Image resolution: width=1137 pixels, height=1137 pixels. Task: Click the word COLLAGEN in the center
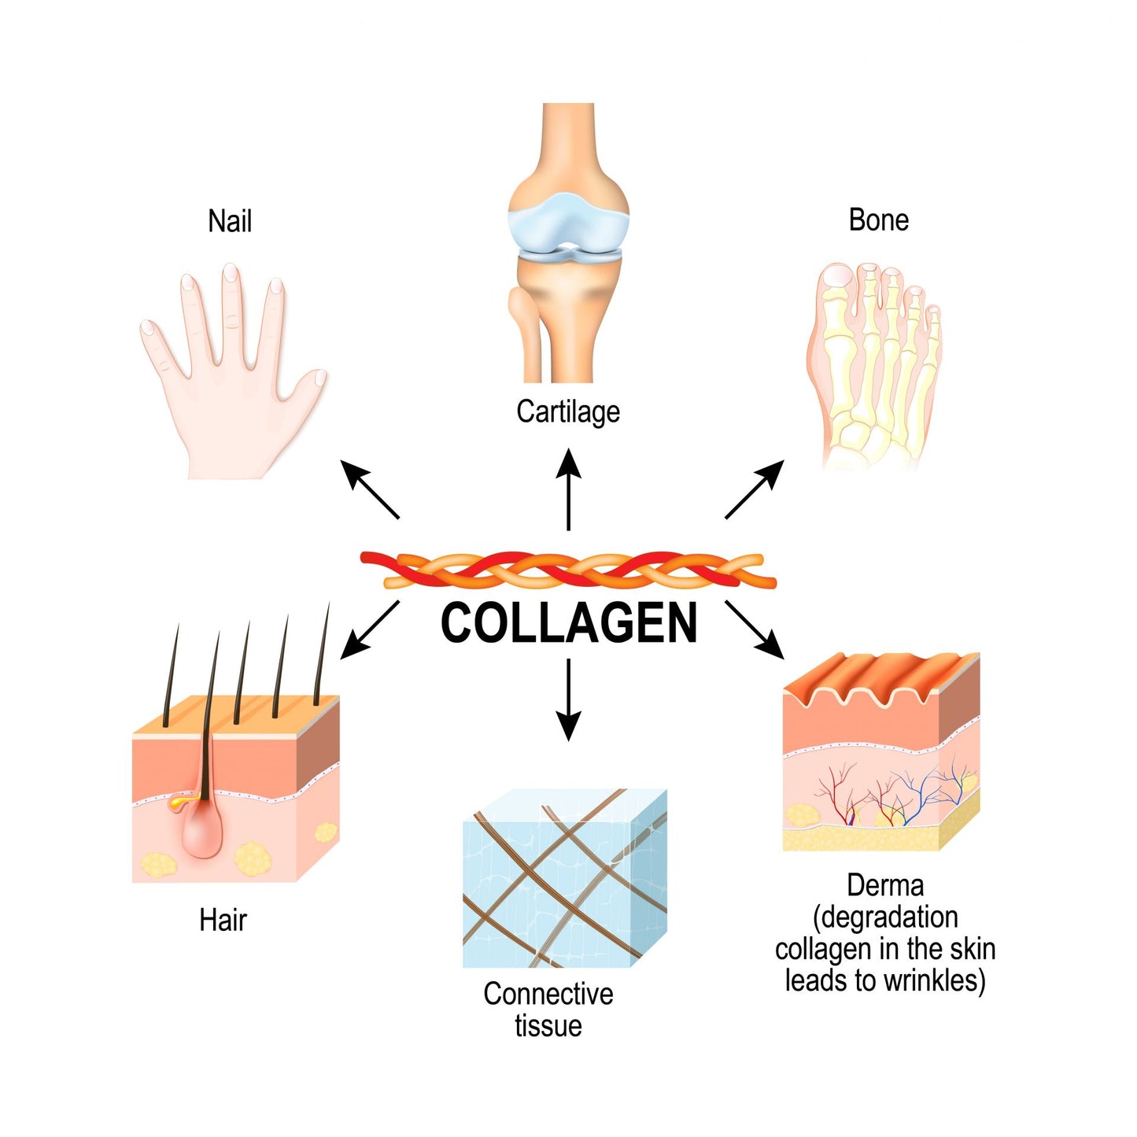point(568,623)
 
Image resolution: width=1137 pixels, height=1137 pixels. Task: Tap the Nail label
point(230,221)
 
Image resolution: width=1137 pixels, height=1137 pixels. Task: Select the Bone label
point(878,220)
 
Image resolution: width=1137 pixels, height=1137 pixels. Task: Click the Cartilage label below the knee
point(568,412)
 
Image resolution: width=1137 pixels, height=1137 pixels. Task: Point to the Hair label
point(223,920)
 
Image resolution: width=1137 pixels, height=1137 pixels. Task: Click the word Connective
point(548,994)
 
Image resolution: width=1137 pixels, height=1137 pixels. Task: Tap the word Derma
point(884,886)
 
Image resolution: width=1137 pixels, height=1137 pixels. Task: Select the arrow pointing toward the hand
point(370,490)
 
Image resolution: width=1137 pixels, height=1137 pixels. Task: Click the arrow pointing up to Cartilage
point(568,488)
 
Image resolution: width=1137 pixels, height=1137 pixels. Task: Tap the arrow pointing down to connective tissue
point(568,700)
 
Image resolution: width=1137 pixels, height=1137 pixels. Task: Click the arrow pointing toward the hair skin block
point(370,629)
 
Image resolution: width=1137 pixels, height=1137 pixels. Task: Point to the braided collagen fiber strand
point(568,570)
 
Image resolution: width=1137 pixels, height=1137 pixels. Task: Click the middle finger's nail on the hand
point(231,275)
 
